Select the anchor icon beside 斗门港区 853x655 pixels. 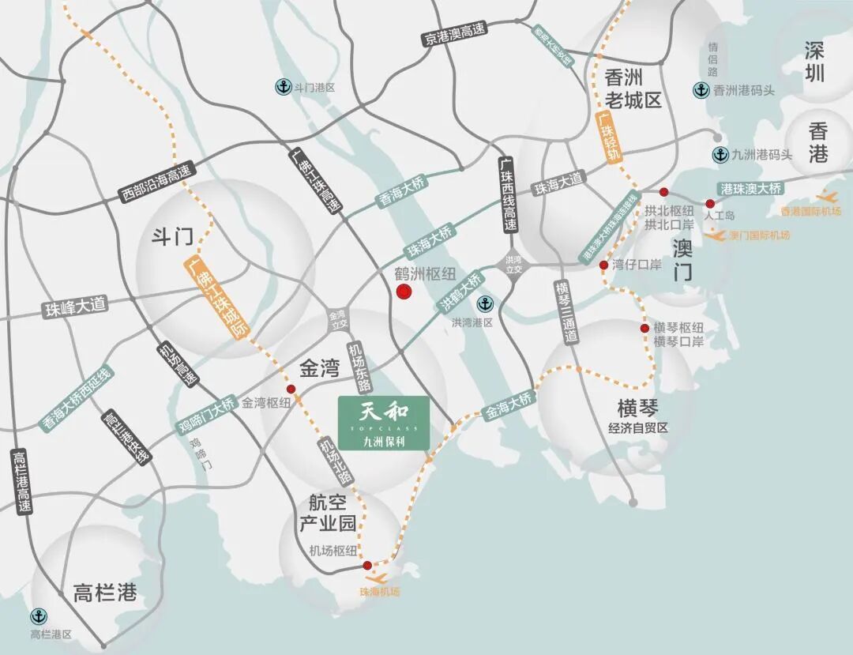pos(281,86)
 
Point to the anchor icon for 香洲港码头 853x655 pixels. pos(701,90)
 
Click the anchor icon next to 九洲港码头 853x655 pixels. pos(720,155)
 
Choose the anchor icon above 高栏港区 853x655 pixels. pos(37,616)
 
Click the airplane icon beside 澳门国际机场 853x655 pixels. pos(716,235)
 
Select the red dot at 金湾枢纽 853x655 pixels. pos(291,389)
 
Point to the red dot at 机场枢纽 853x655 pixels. pos(367,565)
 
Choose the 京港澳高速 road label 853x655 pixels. pos(454,32)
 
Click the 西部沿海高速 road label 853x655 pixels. pos(156,183)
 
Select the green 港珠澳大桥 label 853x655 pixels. pos(751,188)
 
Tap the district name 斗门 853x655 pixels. pos(172,235)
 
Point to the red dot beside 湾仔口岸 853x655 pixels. pos(603,265)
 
